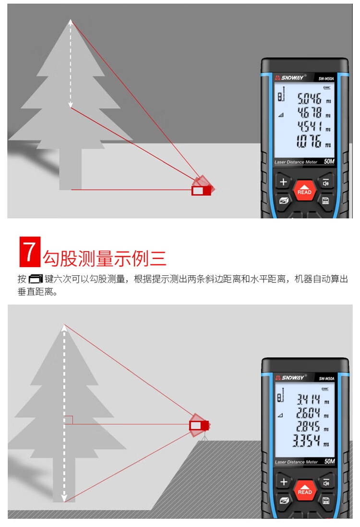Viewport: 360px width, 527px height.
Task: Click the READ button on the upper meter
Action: coord(304,190)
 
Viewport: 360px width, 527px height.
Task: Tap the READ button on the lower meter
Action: coord(305,490)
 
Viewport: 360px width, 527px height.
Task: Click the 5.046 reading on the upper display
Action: coord(309,98)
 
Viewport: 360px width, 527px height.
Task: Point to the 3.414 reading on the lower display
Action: coord(309,399)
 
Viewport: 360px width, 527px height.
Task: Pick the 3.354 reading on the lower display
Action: coord(307,440)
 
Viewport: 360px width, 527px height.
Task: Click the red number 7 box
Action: coord(30,252)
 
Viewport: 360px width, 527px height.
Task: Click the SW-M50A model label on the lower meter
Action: coord(326,379)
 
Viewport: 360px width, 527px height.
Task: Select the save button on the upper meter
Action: coord(325,201)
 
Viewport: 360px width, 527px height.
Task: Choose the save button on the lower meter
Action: coord(325,501)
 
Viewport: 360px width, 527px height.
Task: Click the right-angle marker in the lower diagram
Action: coord(69,420)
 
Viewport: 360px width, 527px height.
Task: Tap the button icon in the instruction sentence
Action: coord(36,279)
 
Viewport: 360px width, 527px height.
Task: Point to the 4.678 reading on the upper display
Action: coord(309,112)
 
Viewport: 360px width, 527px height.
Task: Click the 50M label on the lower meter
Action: coord(329,462)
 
